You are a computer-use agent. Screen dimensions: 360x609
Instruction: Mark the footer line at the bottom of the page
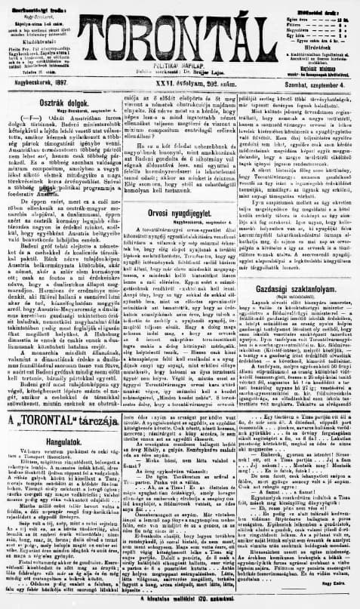pos(179,600)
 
